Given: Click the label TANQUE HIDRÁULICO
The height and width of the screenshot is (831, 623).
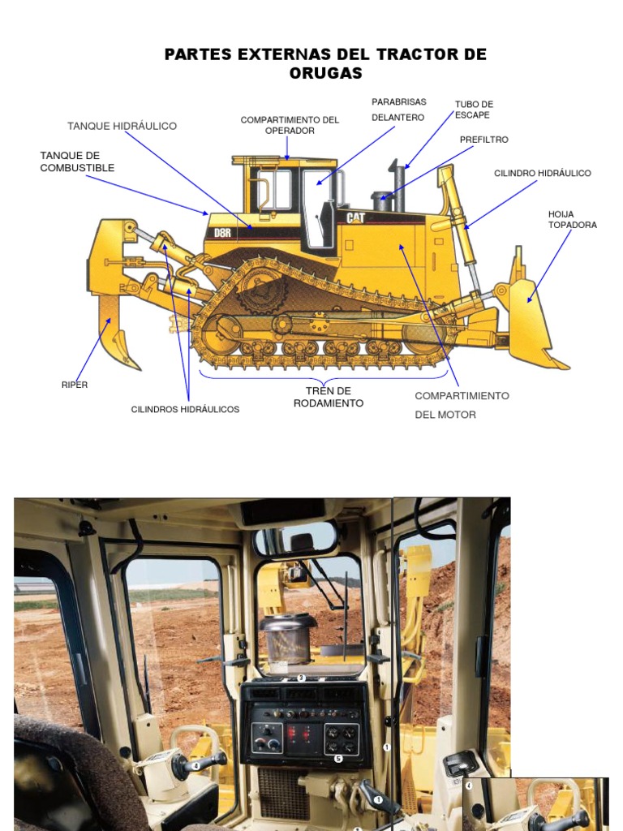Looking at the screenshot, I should click(x=122, y=126).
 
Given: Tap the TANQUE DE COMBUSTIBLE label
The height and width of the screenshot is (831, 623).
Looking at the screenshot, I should click(x=77, y=161).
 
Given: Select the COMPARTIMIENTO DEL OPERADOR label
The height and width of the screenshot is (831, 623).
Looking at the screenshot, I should click(x=290, y=125).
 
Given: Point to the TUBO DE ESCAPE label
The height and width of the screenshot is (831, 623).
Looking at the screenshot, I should click(x=474, y=110).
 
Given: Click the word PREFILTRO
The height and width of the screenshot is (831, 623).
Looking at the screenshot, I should click(x=483, y=140).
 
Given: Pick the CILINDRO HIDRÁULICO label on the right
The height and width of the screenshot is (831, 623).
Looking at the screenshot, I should click(x=543, y=174).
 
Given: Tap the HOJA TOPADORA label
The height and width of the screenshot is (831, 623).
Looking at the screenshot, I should click(x=572, y=219).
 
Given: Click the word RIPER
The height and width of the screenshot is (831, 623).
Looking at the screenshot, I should click(x=75, y=385).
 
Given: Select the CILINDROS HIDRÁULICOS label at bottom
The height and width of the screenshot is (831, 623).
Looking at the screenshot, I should click(x=185, y=410).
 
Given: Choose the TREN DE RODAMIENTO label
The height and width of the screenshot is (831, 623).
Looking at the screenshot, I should click(x=328, y=397).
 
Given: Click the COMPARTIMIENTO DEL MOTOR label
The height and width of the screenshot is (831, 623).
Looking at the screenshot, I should click(x=462, y=405).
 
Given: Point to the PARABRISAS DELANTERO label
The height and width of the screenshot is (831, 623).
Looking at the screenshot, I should click(x=398, y=110).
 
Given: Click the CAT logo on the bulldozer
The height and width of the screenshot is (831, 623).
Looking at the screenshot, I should click(x=355, y=217).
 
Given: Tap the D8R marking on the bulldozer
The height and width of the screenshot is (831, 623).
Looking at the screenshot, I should click(x=222, y=233).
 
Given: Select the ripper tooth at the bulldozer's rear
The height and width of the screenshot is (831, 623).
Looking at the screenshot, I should click(x=114, y=333).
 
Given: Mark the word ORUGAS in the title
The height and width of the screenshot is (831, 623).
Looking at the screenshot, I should click(x=325, y=73).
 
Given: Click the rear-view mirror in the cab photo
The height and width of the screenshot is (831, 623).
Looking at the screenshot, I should click(x=297, y=540).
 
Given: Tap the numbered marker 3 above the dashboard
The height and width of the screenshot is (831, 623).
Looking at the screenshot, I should click(x=301, y=678).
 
